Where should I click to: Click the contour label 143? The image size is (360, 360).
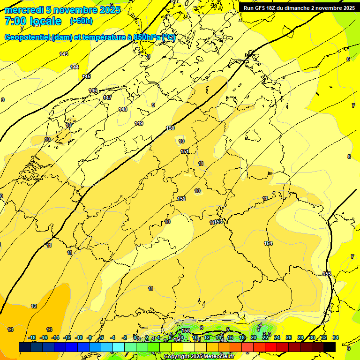click(x=64, y=54)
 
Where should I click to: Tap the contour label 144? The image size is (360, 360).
click(x=75, y=67)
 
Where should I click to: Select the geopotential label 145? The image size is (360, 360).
click(x=86, y=76)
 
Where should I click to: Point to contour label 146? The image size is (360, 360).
click(x=93, y=90)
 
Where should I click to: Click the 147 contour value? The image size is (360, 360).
click(x=107, y=98)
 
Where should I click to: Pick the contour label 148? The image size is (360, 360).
click(x=123, y=109)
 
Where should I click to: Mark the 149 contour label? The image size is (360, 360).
click(x=139, y=123)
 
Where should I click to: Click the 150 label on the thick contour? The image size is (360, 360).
click(x=170, y=128)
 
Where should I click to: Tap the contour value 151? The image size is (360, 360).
click(x=185, y=151)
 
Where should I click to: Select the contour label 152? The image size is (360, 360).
click(x=181, y=199)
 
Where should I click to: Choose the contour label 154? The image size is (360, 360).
click(x=268, y=243)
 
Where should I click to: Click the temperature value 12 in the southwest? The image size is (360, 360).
click(x=34, y=306)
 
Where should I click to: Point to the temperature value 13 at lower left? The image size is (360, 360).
click(x=10, y=330)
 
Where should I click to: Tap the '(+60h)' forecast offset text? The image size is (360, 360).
click(x=81, y=21)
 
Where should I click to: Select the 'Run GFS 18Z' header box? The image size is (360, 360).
click(x=299, y=8)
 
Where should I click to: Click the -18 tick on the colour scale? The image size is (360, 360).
click(x=32, y=337)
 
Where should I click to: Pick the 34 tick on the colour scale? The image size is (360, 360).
click(x=335, y=337)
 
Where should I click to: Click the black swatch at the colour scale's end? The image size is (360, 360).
click(x=330, y=347)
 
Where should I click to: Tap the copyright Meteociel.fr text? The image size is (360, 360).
click(x=199, y=357)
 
